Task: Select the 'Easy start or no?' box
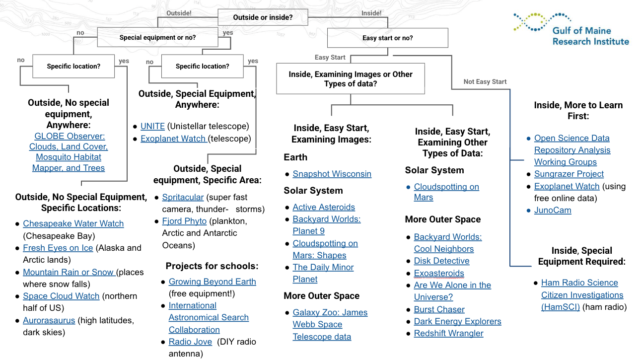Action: (x=387, y=38)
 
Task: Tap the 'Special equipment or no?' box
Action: (x=157, y=37)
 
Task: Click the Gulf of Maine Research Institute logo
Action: (x=571, y=29)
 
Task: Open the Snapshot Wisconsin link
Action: (x=332, y=174)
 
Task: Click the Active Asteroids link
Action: (x=324, y=207)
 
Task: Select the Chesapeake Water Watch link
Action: (x=73, y=223)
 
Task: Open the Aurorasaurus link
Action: (x=49, y=320)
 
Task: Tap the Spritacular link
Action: (x=183, y=197)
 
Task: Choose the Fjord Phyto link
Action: (x=184, y=221)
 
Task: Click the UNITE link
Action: (x=152, y=126)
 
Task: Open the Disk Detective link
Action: (x=441, y=261)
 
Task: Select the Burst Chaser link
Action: (x=439, y=309)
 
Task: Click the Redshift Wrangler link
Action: (x=448, y=333)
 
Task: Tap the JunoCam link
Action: (x=552, y=210)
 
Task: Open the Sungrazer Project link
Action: (x=569, y=174)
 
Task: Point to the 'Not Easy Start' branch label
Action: (x=485, y=81)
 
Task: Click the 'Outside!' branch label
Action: (x=179, y=13)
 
